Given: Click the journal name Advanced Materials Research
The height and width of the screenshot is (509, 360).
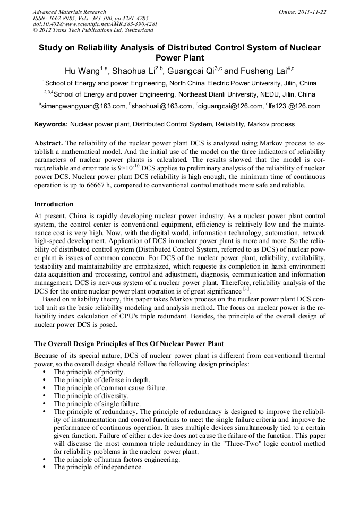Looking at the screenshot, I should pos(69,12).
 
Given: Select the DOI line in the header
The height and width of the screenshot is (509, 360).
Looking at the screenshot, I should pos(95,24).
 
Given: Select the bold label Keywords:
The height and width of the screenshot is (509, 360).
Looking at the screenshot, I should pos(51,124).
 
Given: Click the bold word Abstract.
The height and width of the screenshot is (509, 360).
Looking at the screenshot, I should pos(48,144).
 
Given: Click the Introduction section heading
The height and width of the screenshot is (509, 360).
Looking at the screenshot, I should pos(54,204).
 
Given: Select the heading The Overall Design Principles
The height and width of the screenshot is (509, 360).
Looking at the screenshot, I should pos(128,344).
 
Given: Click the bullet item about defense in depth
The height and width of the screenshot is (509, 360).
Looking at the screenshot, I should pos(102,379).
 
